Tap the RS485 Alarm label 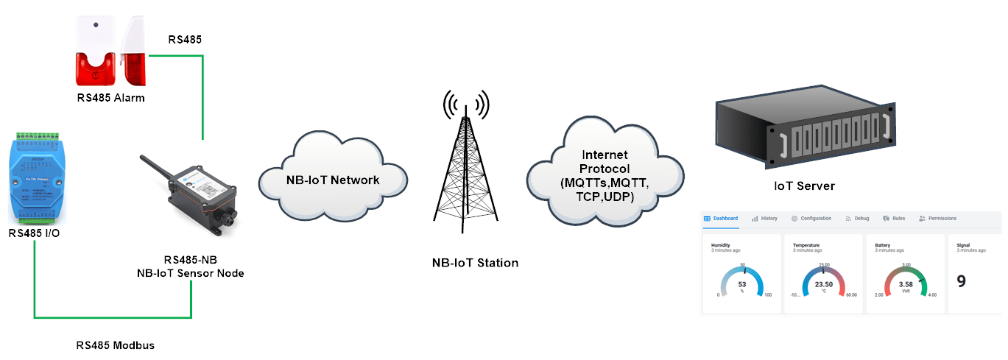click(110, 98)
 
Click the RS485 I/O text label click(35, 233)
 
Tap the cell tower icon click(465, 166)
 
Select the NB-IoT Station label click(476, 263)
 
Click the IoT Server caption click(805, 186)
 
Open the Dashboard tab click(721, 219)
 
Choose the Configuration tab click(811, 219)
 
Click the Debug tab click(858, 219)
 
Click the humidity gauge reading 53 click(742, 284)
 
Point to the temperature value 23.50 click(824, 284)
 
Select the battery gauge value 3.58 click(906, 284)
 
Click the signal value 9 click(962, 281)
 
